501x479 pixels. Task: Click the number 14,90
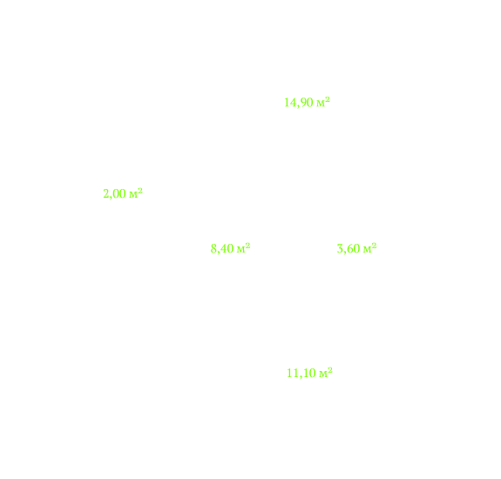click(x=299, y=103)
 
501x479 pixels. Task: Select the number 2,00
click(x=114, y=194)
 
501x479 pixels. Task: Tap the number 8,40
click(x=222, y=249)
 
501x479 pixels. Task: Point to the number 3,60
click(x=349, y=249)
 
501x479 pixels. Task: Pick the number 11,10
click(x=301, y=374)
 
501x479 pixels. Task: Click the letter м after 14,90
click(x=320, y=104)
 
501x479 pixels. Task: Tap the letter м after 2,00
click(x=133, y=195)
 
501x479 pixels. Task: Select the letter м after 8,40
click(x=240, y=250)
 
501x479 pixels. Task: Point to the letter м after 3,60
click(x=367, y=250)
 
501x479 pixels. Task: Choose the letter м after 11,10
click(x=323, y=374)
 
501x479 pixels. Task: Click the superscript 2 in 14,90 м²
click(x=328, y=100)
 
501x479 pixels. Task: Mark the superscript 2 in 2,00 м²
click(x=140, y=191)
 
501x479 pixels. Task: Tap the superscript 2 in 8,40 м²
click(x=247, y=246)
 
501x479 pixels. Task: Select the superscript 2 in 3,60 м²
click(x=374, y=246)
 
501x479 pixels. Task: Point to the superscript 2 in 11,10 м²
click(x=330, y=370)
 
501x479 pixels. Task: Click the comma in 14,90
click(x=299, y=106)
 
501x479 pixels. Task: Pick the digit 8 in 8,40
click(x=213, y=248)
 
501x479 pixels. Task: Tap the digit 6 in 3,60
click(x=349, y=248)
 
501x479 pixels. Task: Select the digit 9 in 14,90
click(x=303, y=103)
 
